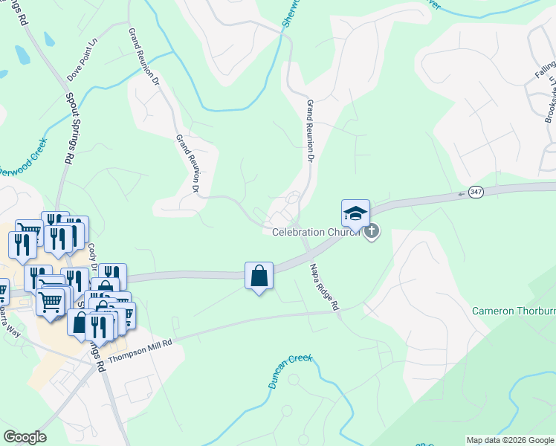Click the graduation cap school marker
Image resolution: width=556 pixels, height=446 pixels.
click(355, 213)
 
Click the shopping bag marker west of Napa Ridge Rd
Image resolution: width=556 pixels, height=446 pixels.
click(258, 277)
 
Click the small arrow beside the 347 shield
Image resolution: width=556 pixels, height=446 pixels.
click(462, 193)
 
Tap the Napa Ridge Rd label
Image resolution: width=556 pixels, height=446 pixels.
click(324, 285)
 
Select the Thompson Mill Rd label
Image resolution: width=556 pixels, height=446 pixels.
click(140, 349)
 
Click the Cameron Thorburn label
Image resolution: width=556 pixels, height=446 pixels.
click(514, 310)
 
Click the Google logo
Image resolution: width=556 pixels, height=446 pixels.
click(25, 437)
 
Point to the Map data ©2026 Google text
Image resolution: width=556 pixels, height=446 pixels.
click(510, 440)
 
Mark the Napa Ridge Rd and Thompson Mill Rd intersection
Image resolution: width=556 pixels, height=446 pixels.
click(339, 311)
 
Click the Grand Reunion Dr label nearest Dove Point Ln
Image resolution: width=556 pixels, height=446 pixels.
click(144, 56)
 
